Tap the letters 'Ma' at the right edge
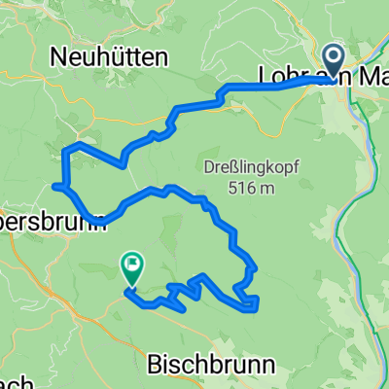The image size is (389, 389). pyautogui.click(x=370, y=76)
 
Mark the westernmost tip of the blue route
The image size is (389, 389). pyautogui.click(x=53, y=184)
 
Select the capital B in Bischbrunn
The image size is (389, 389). pyautogui.click(x=155, y=365)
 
